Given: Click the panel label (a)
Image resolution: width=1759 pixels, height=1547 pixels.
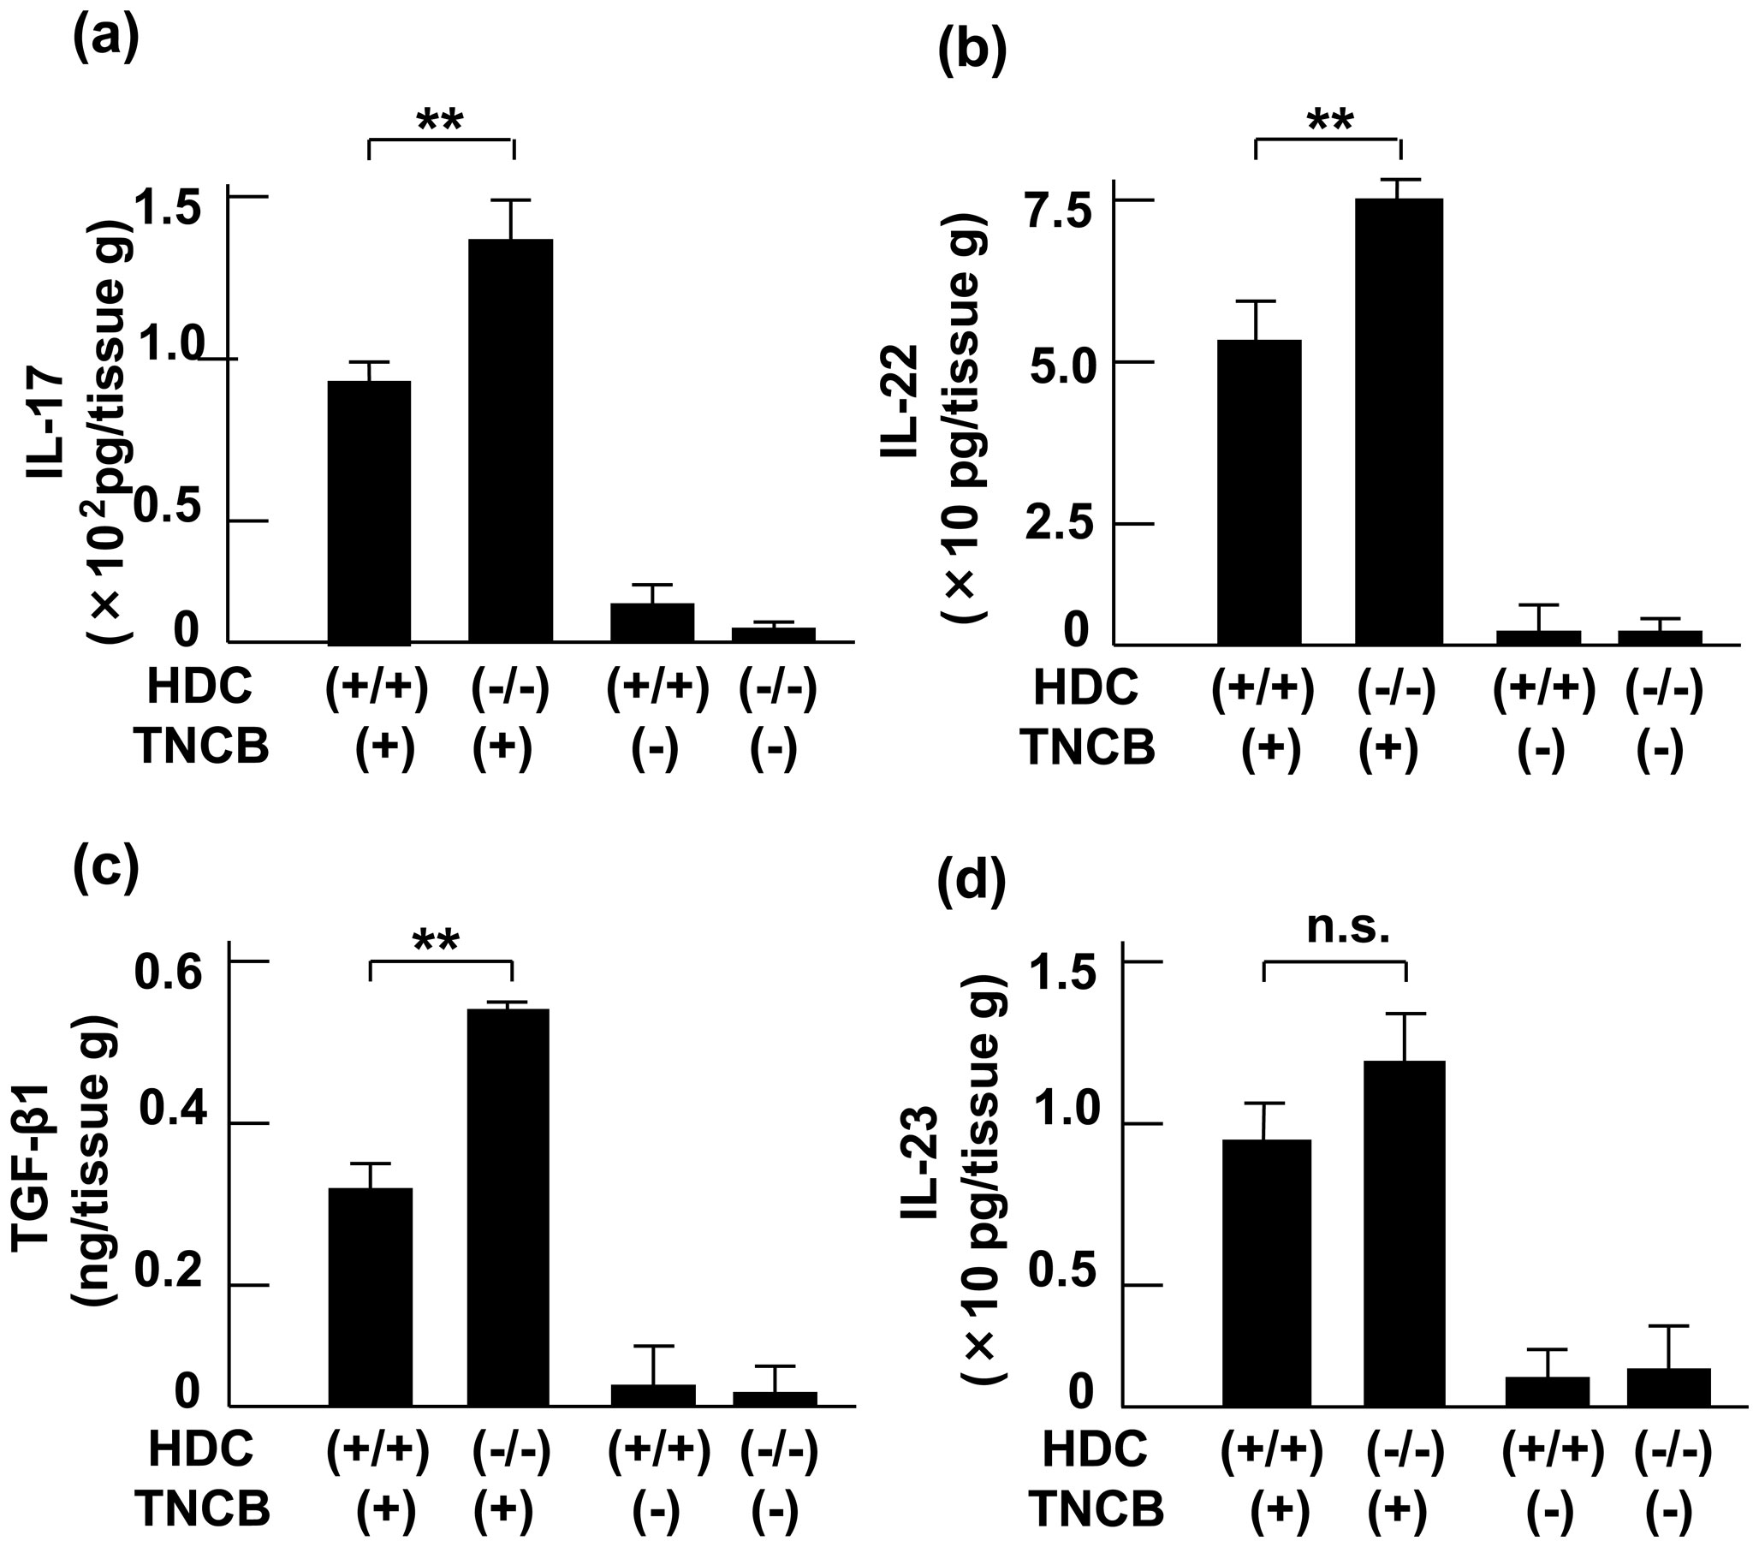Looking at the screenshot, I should (x=106, y=41).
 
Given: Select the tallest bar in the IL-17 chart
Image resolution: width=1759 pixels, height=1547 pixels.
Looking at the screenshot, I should (x=510, y=439).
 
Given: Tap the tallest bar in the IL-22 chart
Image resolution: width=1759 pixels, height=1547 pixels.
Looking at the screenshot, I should (x=1399, y=422).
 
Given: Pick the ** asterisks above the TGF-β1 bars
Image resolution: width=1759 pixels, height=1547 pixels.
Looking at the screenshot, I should (x=437, y=941).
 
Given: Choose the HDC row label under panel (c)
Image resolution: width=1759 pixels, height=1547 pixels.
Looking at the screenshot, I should (x=200, y=1449).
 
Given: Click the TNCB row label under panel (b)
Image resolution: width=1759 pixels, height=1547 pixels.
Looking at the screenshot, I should (x=1088, y=747).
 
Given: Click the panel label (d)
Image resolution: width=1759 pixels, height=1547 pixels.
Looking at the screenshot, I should (x=970, y=882).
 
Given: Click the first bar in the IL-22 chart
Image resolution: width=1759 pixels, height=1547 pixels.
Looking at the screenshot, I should (x=1258, y=491).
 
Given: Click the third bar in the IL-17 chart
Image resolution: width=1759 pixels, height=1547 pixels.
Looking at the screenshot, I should (x=652, y=622).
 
